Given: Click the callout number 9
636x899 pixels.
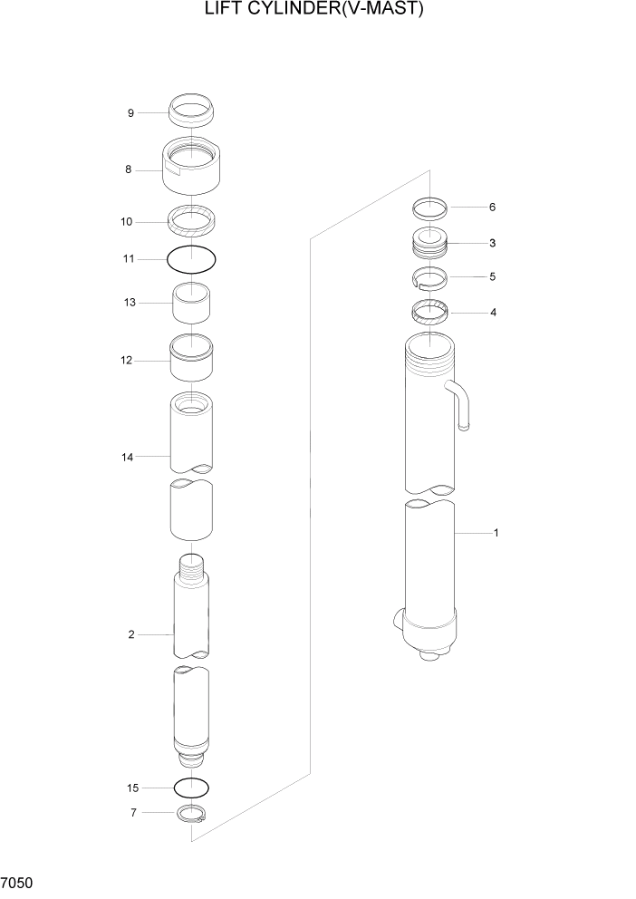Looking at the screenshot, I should pyautogui.click(x=130, y=113).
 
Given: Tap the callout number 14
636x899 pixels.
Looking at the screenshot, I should pyautogui.click(x=129, y=458).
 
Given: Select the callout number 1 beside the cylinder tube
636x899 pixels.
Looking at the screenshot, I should pyautogui.click(x=496, y=534).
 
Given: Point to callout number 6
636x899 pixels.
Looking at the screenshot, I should pyautogui.click(x=492, y=208).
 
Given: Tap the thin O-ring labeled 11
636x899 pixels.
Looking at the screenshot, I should pyautogui.click(x=191, y=259).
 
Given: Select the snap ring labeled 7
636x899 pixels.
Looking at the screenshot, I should pyautogui.click(x=191, y=815).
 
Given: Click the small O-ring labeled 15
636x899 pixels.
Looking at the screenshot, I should pyautogui.click(x=191, y=786).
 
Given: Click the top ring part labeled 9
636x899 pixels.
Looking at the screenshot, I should pyautogui.click(x=191, y=111).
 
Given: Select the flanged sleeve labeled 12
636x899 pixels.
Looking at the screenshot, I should pyautogui.click(x=191, y=359).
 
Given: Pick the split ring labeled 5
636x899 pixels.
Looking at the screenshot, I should pyautogui.click(x=429, y=277).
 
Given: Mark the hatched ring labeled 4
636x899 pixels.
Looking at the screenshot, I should pyautogui.click(x=429, y=314).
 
